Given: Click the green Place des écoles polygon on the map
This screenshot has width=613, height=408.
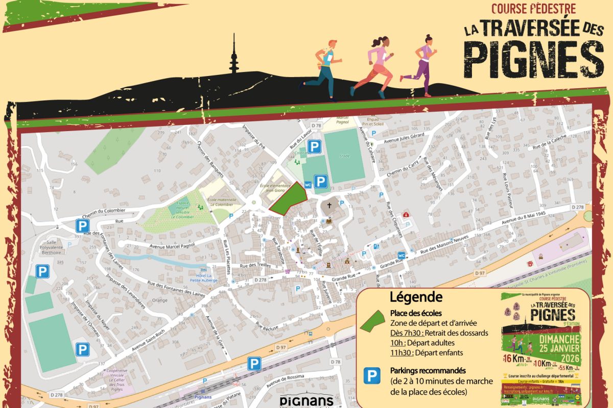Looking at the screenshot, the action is click(288, 199).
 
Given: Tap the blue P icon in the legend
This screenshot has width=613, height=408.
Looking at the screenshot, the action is click(374, 376).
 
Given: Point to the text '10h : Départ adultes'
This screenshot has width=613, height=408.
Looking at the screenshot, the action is click(422, 342).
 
